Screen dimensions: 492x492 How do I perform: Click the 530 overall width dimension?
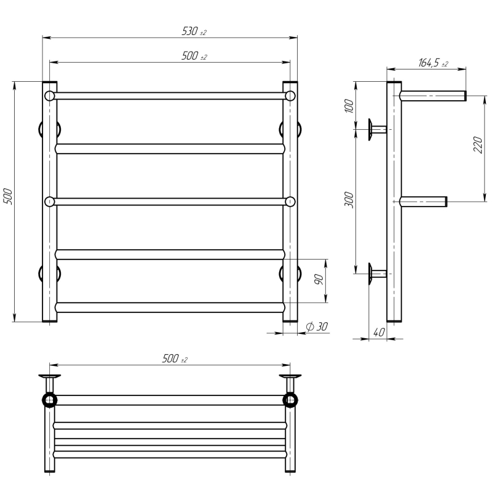194,31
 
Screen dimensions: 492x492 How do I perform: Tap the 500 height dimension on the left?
7,197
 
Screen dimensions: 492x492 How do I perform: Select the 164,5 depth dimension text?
433,63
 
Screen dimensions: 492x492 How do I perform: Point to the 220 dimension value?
478,145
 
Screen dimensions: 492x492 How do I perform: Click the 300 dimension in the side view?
349,199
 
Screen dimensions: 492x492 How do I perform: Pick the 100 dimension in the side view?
349,106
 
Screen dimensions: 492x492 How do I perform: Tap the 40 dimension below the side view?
379,332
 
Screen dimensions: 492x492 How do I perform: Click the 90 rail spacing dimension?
318,279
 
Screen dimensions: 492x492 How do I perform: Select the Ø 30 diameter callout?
317,327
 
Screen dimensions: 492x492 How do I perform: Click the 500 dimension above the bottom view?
175,359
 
